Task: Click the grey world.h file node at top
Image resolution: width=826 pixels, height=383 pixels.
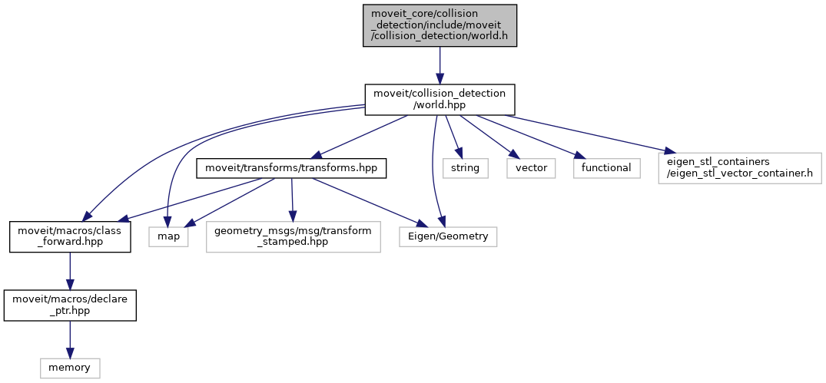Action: (440, 25)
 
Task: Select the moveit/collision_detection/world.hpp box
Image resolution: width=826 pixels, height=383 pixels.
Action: (440, 100)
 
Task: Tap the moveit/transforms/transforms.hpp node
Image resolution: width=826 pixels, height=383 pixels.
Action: (291, 168)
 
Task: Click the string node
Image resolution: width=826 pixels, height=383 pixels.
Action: (465, 168)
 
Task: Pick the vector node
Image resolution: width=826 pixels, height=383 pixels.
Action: (531, 168)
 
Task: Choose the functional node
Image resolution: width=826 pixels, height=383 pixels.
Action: (606, 168)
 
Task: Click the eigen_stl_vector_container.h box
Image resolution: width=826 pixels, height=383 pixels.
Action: (739, 168)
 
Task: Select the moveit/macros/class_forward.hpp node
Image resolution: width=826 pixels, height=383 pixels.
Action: (70, 236)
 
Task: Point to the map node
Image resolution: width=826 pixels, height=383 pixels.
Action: (169, 236)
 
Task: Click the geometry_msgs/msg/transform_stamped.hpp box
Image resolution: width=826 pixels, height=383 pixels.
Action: (293, 236)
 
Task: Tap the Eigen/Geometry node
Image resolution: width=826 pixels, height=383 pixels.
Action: (448, 236)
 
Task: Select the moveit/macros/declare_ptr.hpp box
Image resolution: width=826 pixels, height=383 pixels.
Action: (70, 305)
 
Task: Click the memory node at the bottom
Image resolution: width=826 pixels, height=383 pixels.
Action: (70, 368)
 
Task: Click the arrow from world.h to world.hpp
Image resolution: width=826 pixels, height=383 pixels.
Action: (440, 65)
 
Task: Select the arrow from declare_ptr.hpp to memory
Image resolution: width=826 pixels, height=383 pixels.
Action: (70, 338)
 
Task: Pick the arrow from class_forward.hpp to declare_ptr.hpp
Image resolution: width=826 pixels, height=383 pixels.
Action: (70, 271)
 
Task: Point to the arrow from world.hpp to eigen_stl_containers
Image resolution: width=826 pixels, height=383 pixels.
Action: (584, 132)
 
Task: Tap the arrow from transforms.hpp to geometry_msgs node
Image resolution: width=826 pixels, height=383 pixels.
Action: (291, 200)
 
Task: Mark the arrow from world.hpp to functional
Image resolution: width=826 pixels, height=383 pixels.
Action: (530, 137)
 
